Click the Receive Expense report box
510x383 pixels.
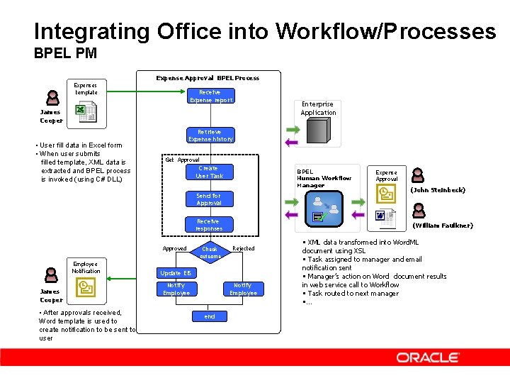point(209,96)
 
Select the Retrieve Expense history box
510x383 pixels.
point(209,135)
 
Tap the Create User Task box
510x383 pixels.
point(209,172)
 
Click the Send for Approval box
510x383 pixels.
point(209,199)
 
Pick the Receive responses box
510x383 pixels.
point(209,225)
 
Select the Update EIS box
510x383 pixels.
point(176,273)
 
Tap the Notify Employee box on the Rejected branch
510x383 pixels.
point(243,289)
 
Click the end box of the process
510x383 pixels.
point(210,316)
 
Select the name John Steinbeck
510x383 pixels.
point(438,190)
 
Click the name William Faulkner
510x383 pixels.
point(443,226)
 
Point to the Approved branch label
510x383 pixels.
point(174,249)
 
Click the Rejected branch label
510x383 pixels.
point(243,249)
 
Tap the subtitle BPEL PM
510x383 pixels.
point(65,53)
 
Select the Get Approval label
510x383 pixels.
point(182,160)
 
